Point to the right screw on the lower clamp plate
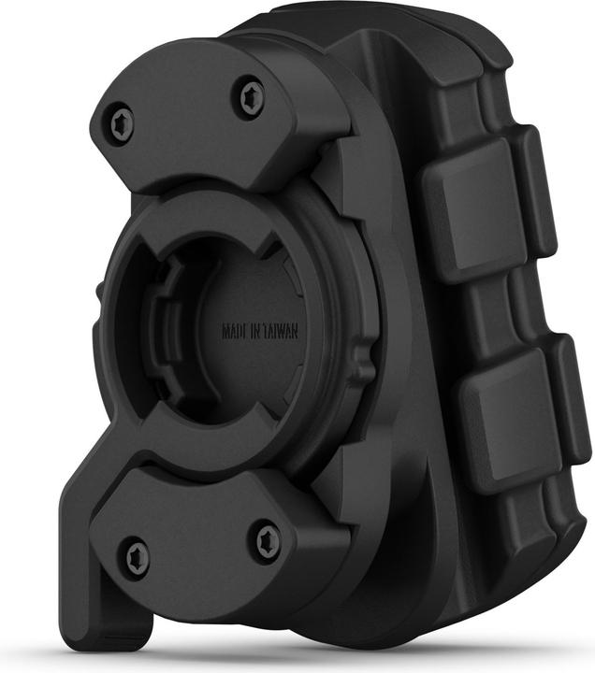pyautogui.click(x=264, y=539)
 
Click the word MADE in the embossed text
pyautogui.click(x=235, y=332)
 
